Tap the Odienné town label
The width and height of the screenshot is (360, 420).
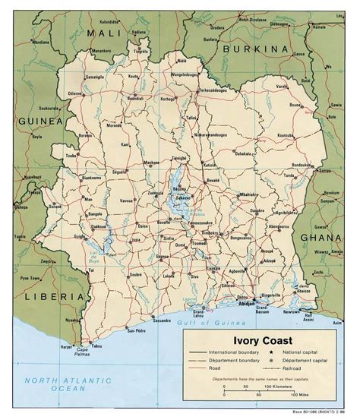(x=76, y=93)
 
